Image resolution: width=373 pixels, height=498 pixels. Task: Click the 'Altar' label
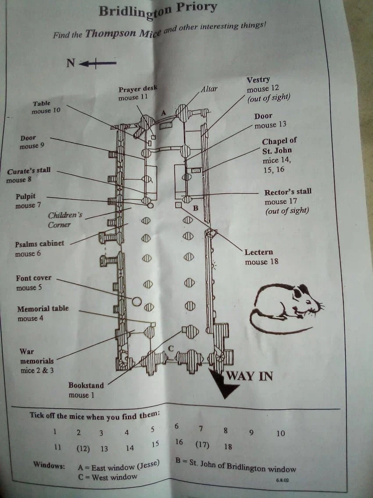pyautogui.click(x=209, y=89)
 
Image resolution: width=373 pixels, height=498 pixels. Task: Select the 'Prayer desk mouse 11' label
pyautogui.click(x=137, y=93)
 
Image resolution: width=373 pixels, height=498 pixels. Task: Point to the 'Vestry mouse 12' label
pyautogui.click(x=268, y=89)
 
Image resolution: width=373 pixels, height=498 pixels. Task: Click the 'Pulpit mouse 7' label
pyautogui.click(x=28, y=201)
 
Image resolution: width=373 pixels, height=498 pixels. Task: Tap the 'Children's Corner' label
pyautogui.click(x=65, y=220)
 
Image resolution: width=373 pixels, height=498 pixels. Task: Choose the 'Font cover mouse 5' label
pyautogui.click(x=33, y=283)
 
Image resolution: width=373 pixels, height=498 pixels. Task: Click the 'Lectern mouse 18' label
pyautogui.click(x=261, y=257)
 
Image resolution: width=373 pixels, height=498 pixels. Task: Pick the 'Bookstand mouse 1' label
pyautogui.click(x=86, y=390)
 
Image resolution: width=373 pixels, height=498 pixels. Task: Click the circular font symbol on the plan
pyautogui.click(x=136, y=301)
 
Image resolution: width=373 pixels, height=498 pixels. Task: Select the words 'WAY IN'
pyautogui.click(x=250, y=376)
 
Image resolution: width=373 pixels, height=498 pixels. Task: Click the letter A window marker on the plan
pyautogui.click(x=164, y=113)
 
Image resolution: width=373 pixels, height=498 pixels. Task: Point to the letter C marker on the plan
pyautogui.click(x=171, y=348)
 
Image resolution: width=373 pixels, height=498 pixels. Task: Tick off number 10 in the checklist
pyautogui.click(x=280, y=433)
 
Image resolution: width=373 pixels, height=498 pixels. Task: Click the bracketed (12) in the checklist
pyautogui.click(x=83, y=449)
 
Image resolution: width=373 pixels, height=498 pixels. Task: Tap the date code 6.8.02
pyautogui.click(x=282, y=480)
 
